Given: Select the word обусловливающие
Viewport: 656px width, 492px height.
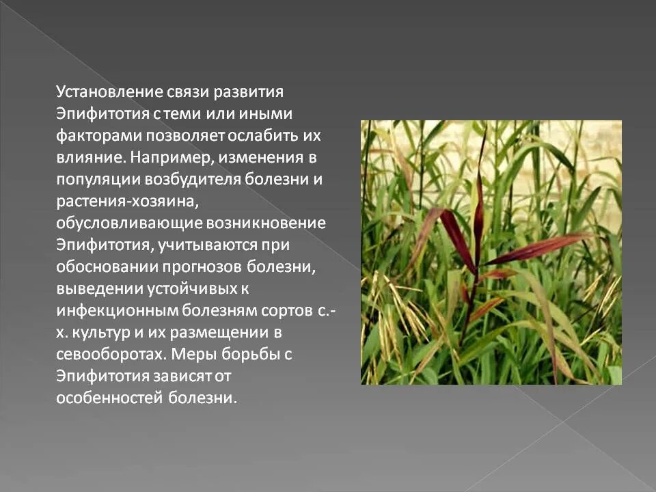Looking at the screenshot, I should (117, 223).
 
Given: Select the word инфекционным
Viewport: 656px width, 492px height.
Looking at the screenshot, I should (117, 310).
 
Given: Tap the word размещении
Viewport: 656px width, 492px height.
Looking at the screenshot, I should (221, 333).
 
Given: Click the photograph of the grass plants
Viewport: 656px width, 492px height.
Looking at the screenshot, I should (491, 252).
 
